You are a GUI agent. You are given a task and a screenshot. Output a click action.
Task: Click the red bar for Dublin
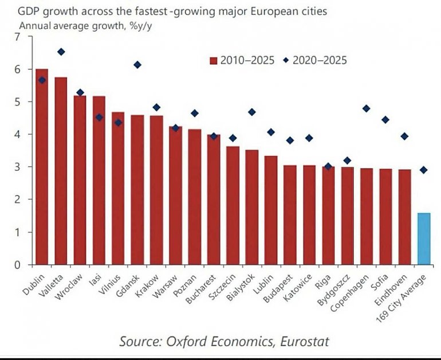click(x=42, y=166)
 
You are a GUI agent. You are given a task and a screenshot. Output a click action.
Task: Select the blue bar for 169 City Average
click(x=424, y=238)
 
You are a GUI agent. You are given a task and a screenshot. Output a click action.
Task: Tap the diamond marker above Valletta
click(x=61, y=52)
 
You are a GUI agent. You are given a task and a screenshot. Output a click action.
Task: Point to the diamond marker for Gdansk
click(x=137, y=65)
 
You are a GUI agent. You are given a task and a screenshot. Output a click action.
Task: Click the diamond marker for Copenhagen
click(x=367, y=108)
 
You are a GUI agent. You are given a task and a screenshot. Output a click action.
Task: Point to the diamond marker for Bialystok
click(x=252, y=112)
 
